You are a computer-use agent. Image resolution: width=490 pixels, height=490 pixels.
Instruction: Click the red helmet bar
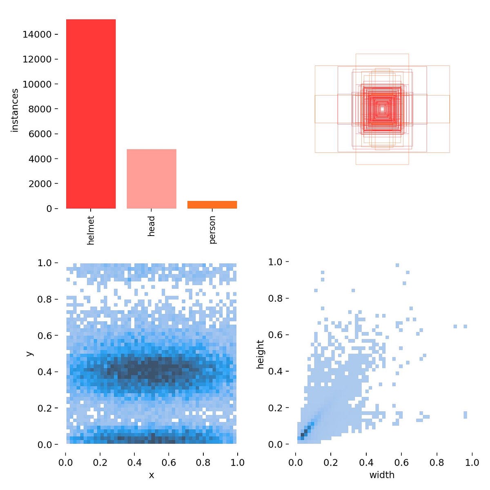point(91,114)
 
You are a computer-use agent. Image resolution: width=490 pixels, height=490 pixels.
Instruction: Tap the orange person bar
point(212,205)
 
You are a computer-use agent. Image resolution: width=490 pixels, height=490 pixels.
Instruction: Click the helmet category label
point(91,230)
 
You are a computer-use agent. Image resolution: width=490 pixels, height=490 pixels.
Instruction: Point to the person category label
point(212,230)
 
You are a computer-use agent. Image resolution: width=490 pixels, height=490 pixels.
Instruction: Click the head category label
point(151,226)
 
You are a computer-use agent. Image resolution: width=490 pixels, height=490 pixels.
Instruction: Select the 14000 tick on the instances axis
point(37,35)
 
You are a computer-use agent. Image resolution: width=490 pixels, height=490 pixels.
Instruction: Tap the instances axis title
point(15,110)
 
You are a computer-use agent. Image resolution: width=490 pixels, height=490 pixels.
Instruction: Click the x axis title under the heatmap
point(151,475)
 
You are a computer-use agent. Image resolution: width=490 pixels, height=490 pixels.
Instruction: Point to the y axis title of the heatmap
point(29,353)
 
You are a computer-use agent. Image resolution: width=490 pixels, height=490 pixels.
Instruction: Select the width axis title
point(382,475)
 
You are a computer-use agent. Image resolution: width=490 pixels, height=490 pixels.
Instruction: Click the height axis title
point(260,354)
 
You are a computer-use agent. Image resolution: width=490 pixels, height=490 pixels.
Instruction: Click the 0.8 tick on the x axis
point(203,463)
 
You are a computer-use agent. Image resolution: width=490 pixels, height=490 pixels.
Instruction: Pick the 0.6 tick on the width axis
point(402,463)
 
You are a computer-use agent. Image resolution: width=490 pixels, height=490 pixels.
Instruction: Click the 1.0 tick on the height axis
point(276,262)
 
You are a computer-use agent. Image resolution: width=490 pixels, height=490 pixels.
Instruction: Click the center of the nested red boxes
point(382,109)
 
